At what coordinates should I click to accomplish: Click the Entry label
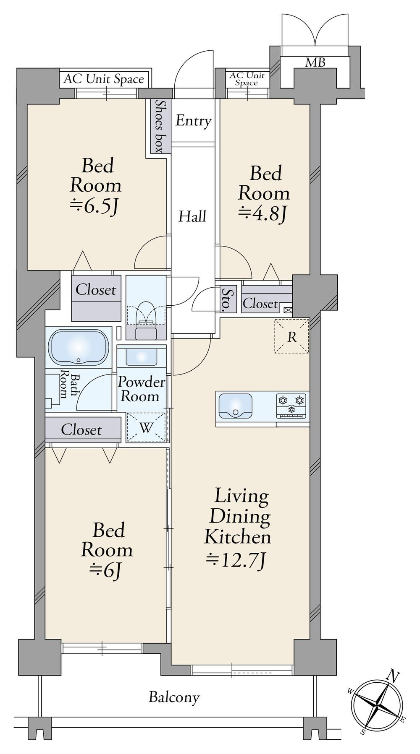pos(193,121)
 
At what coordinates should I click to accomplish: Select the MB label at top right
pos(315,63)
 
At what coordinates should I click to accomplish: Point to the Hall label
pos(192,216)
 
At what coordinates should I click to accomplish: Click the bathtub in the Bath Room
pos(79,347)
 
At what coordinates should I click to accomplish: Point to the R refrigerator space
pos(292,336)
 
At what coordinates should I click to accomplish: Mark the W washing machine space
pos(146,427)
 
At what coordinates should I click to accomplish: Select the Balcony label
pos(174,697)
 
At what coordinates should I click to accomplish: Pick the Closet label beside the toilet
pos(96,290)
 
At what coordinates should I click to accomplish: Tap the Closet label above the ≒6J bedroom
pos(81,430)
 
